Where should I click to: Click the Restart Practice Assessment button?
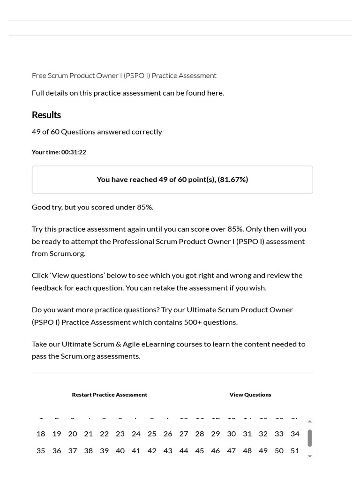click(x=109, y=395)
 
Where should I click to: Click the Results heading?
click(x=46, y=115)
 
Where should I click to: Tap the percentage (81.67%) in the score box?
click(x=233, y=180)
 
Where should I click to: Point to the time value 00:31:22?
click(x=74, y=152)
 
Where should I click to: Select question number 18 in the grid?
click(x=41, y=434)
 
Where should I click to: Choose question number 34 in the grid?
click(x=295, y=434)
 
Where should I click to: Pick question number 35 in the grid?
click(x=41, y=451)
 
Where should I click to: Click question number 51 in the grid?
click(x=295, y=451)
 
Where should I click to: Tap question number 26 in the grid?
click(x=168, y=434)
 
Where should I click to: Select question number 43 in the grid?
click(x=168, y=451)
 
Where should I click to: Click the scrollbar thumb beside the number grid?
click(x=309, y=438)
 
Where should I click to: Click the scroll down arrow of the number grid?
click(x=309, y=456)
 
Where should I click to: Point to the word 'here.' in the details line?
click(x=216, y=93)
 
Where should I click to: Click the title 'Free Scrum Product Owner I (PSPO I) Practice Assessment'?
click(x=124, y=75)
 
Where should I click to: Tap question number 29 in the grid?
click(x=216, y=434)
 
